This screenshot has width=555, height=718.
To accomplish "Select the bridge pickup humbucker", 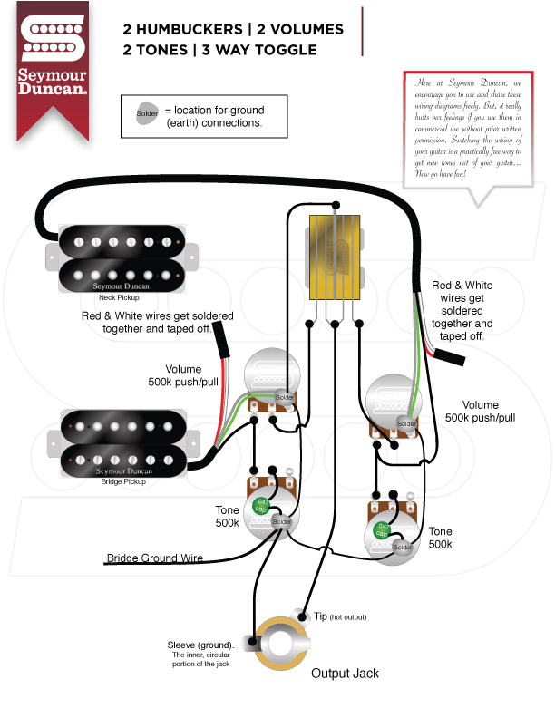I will coord(122,441).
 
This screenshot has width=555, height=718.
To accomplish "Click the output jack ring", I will coord(278,645).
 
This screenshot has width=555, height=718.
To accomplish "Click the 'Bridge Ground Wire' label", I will coord(155,558).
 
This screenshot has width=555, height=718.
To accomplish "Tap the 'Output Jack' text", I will coord(345,674).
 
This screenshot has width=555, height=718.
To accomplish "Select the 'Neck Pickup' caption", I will coord(119,297).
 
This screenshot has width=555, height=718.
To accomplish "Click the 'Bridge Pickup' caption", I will coord(123,481).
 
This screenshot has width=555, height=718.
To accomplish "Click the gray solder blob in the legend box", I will coord(147,114).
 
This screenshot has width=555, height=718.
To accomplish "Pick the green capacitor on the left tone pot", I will coord(261,505).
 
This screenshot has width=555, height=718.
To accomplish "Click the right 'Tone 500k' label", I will coord(440,538).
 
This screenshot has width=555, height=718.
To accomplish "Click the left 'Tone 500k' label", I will coord(227,517).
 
